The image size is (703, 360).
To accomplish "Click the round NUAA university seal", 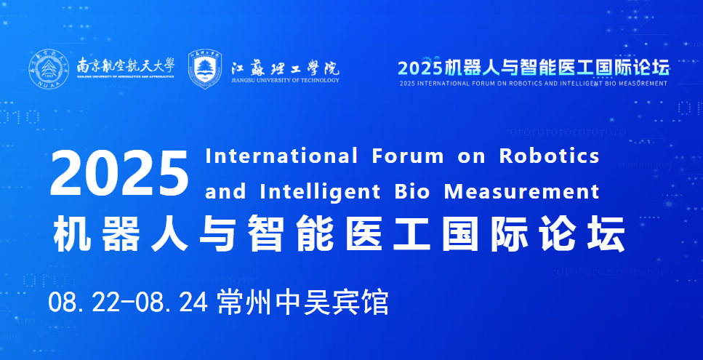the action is pyautogui.click(x=49, y=68).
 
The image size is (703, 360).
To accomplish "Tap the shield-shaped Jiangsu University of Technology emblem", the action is pyautogui.click(x=205, y=69).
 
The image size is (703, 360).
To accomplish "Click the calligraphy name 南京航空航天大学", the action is pyautogui.click(x=126, y=65).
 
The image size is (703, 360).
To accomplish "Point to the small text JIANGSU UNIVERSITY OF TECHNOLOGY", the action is pyautogui.click(x=285, y=81).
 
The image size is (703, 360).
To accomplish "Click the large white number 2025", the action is pyautogui.click(x=119, y=174).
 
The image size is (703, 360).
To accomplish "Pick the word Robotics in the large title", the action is pyautogui.click(x=549, y=156).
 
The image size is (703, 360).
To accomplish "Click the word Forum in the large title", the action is pyautogui.click(x=408, y=156).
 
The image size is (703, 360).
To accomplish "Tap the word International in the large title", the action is pyautogui.click(x=281, y=156).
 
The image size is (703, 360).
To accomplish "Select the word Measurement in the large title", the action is pyautogui.click(x=522, y=192).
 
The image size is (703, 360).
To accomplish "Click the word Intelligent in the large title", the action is pyautogui.click(x=320, y=193).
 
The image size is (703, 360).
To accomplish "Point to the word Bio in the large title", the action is pyautogui.click(x=412, y=192).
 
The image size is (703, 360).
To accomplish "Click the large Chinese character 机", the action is pyautogui.click(x=71, y=233).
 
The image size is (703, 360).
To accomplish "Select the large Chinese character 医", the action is pyautogui.click(x=363, y=233).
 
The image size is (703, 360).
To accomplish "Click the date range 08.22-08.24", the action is pyautogui.click(x=128, y=303).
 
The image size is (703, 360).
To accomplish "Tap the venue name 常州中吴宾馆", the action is pyautogui.click(x=302, y=303).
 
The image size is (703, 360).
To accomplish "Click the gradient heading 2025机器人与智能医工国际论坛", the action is pyautogui.click(x=534, y=67).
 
